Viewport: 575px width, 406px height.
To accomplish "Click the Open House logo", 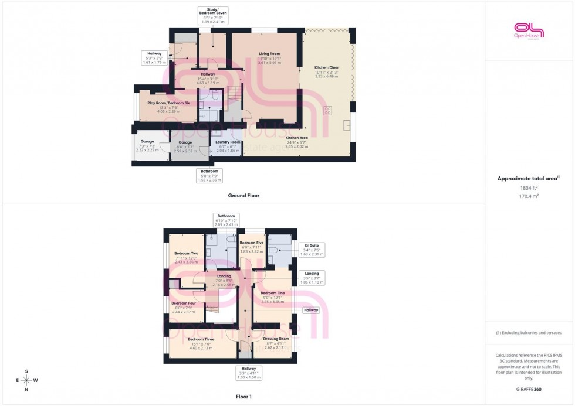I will pos(529,30).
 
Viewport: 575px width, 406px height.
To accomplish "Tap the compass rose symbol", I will pos(27,380).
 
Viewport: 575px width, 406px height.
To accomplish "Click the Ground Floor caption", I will pos(243,196).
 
